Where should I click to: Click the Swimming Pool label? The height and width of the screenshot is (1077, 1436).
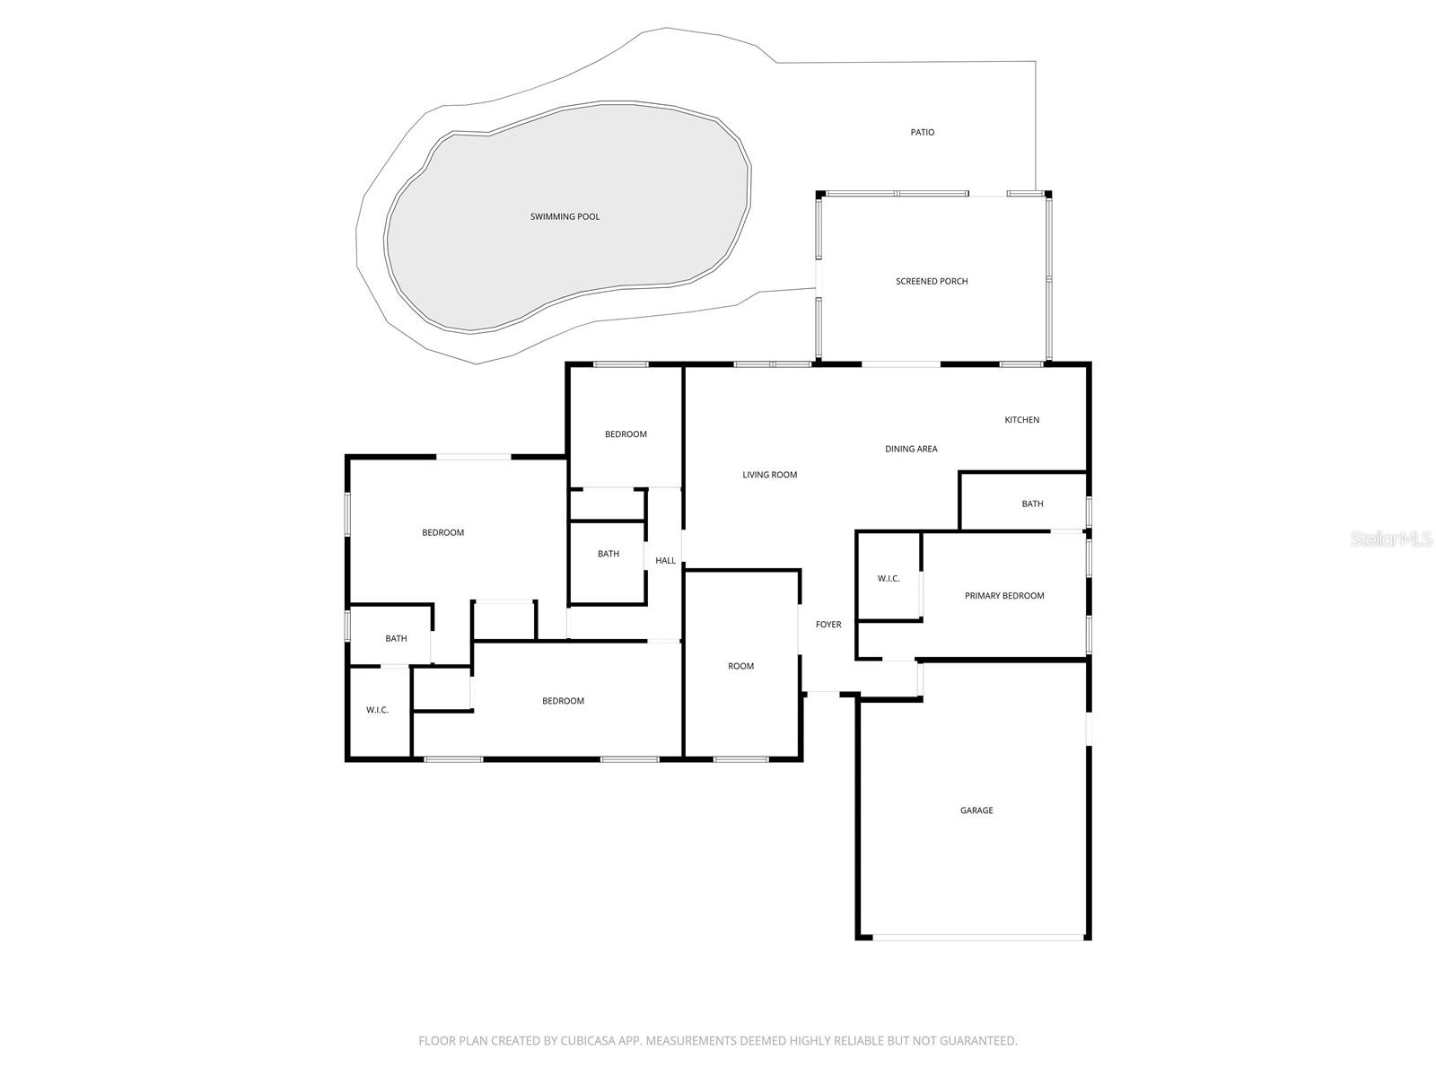pos(565,216)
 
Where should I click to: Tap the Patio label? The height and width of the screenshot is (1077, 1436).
pos(922,132)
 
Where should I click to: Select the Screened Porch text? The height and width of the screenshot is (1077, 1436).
pos(932,281)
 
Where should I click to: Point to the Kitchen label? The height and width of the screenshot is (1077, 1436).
pos(1021,420)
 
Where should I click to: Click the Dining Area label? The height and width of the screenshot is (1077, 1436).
pos(911,449)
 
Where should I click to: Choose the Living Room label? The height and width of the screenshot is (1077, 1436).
pos(769,475)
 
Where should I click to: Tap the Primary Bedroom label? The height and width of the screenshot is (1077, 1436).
pos(1004,596)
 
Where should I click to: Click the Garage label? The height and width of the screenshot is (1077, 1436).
pos(976,810)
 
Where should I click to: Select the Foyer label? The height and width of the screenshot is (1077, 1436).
pos(827,625)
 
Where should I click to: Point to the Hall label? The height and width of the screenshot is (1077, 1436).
pos(665,561)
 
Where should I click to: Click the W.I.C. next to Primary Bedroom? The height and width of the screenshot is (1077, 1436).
pos(889,579)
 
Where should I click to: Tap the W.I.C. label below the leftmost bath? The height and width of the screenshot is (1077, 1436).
pos(377,710)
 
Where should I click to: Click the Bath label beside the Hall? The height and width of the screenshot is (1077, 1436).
pos(609,554)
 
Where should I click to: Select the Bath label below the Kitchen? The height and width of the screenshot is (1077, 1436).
pos(1032,503)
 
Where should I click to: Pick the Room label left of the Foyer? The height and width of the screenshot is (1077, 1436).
pos(740,666)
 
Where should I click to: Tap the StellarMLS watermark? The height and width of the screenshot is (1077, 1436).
pos(1391,538)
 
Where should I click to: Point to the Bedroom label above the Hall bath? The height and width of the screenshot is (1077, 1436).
pos(626,434)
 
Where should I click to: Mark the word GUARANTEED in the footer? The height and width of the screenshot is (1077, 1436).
pos(978,1041)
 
